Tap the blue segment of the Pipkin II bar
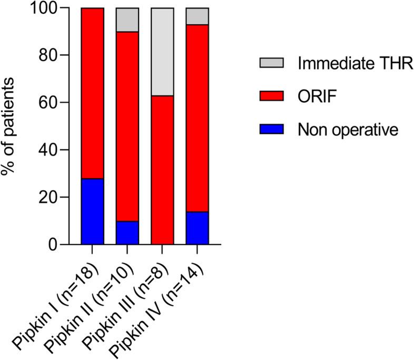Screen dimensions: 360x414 [x=127, y=232]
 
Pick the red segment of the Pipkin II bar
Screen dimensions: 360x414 [x=127, y=127]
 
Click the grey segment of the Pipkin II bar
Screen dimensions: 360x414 [x=127, y=20]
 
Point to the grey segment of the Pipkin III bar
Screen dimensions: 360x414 [x=162, y=52]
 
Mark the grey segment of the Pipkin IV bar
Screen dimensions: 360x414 [x=197, y=16]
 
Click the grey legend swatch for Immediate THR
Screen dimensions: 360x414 [x=272, y=63]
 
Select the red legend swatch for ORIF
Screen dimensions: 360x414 [x=272, y=96]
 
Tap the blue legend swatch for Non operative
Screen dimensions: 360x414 [x=272, y=129]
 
